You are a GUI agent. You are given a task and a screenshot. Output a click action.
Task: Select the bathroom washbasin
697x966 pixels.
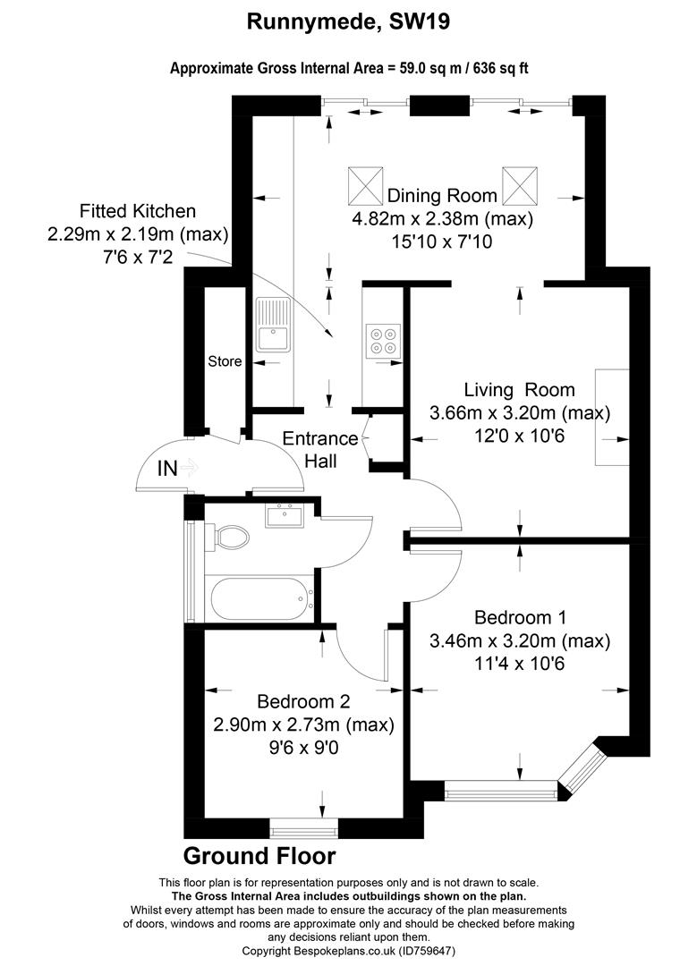[x=285, y=516]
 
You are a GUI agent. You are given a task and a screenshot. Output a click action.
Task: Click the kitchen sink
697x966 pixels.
[x=273, y=325]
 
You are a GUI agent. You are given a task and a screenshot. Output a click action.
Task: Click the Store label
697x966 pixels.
[x=225, y=361]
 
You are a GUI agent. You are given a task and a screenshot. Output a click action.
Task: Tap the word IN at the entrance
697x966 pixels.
[x=167, y=469]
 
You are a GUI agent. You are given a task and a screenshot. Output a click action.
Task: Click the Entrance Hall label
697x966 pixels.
[x=319, y=449]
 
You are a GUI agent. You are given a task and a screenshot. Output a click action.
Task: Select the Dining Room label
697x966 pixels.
[x=442, y=196]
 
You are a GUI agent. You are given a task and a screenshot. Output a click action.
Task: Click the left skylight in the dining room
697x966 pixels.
[x=366, y=185]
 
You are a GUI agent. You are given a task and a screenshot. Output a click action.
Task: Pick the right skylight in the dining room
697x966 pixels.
[x=520, y=185]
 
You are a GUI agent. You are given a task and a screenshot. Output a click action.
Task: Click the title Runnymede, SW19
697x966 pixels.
[x=348, y=22]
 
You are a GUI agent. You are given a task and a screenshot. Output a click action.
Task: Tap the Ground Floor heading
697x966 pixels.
[x=259, y=856]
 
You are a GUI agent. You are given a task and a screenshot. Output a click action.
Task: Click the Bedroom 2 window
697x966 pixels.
[x=304, y=828]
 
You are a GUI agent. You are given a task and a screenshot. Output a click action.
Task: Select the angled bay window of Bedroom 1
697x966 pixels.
[x=582, y=769]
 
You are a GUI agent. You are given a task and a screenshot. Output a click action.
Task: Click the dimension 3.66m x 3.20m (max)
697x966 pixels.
[x=520, y=412]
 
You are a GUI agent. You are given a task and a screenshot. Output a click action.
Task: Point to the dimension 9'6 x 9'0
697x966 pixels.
[x=303, y=748]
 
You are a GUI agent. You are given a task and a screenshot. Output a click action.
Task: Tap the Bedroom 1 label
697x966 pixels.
[x=520, y=617]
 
